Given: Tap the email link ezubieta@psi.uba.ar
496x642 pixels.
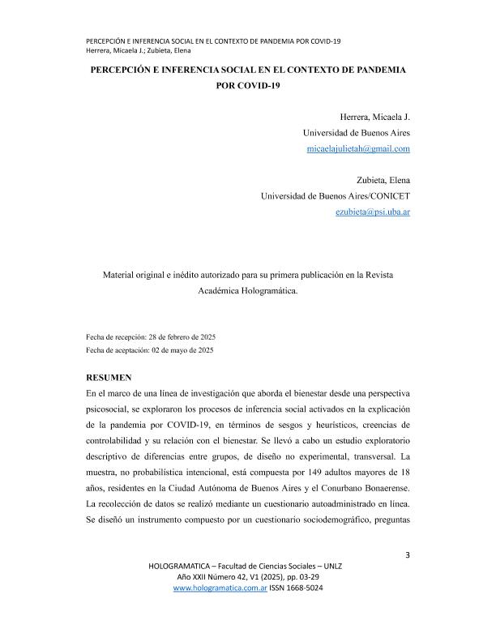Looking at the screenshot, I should point(372,212).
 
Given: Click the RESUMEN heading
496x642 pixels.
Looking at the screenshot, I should point(111,377).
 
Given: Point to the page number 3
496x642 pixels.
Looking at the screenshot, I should point(407,554).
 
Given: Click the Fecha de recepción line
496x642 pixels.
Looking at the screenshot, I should point(151,336).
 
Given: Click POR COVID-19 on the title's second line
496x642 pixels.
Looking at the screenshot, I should point(247,87).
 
